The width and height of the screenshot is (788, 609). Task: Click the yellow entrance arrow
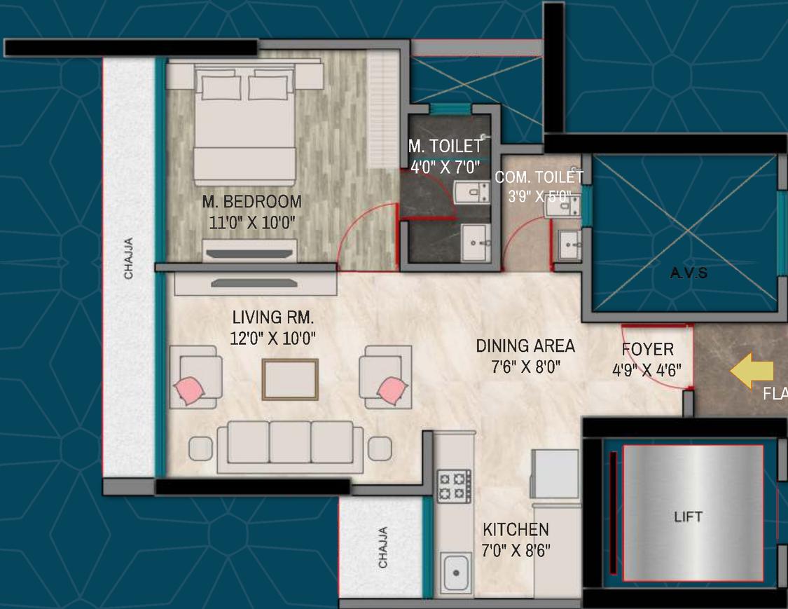(752, 371)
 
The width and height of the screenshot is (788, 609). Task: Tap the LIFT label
(688, 517)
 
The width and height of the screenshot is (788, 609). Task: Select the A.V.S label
(689, 273)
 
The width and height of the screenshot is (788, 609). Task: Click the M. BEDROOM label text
(252, 202)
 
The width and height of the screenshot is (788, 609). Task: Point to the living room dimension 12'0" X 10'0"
(273, 338)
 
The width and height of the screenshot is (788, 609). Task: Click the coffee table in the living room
(290, 379)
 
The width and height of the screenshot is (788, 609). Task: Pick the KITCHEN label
(516, 530)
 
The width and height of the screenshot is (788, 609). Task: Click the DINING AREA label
(525, 345)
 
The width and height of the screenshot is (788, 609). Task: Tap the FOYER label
(648, 350)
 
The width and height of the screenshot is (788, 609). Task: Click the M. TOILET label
(445, 146)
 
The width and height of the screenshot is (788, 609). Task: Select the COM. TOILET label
(539, 178)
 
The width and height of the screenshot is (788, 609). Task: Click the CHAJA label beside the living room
(129, 259)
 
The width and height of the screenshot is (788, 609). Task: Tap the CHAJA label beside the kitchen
(382, 547)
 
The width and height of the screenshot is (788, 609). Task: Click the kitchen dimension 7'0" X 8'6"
(516, 550)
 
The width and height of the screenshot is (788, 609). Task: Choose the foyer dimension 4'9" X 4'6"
(647, 369)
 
